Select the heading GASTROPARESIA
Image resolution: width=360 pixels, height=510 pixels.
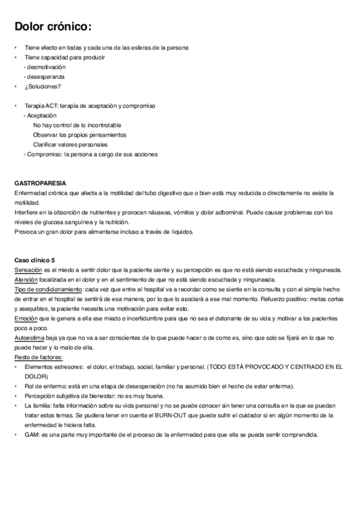tap(40, 183)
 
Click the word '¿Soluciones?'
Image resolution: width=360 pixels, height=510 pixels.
tap(43, 86)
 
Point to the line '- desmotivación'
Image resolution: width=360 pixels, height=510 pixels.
tap(44, 67)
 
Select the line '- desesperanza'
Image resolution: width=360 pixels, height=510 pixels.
tap(44, 77)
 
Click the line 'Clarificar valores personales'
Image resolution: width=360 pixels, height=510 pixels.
tap(71, 144)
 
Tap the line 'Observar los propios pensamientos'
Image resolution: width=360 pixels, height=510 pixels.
tap(80, 135)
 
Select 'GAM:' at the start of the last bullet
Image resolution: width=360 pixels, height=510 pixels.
tap(32, 435)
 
